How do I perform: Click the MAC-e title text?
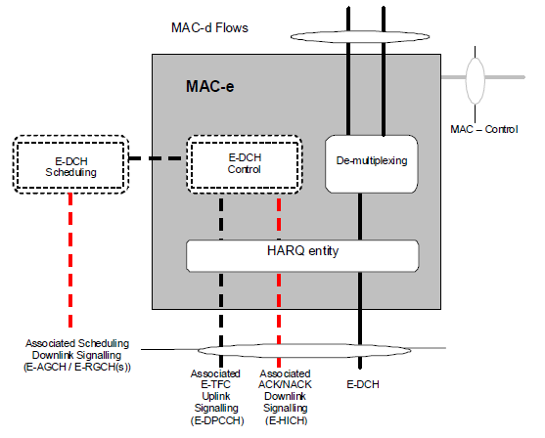pyautogui.click(x=210, y=86)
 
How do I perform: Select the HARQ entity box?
pyautogui.click(x=302, y=255)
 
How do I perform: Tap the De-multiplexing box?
pyautogui.click(x=372, y=164)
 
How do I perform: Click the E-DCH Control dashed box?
pyautogui.click(x=245, y=164)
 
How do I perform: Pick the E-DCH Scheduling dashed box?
pyautogui.click(x=70, y=164)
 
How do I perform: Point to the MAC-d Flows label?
pyautogui.click(x=209, y=27)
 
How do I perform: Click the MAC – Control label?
pyautogui.click(x=484, y=130)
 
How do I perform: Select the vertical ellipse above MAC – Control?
pyautogui.click(x=476, y=80)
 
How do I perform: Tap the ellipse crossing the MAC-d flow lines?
pyautogui.click(x=360, y=36)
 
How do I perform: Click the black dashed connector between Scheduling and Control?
pyautogui.click(x=155, y=158)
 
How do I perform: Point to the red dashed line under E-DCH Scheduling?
pyautogui.click(x=70, y=260)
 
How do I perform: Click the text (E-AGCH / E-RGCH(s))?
pyautogui.click(x=77, y=368)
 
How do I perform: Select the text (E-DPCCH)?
pyautogui.click(x=217, y=420)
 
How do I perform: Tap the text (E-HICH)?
pyautogui.click(x=286, y=420)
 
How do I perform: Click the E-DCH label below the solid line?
pyautogui.click(x=363, y=384)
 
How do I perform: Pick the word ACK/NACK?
pyautogui.click(x=285, y=384)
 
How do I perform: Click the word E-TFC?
pyautogui.click(x=215, y=384)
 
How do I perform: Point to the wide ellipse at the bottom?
pyautogui.click(x=304, y=350)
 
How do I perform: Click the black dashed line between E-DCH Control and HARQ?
pyautogui.click(x=221, y=217)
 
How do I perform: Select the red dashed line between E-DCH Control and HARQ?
pyautogui.click(x=279, y=217)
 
